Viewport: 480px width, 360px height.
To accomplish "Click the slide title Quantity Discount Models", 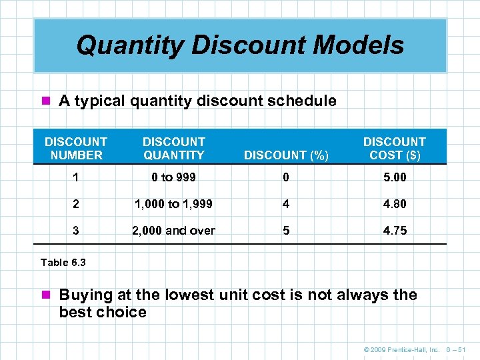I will click(240, 45).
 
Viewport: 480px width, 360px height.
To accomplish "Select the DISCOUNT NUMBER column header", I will click(75, 148).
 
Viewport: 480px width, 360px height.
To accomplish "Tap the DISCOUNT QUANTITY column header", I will click(174, 148).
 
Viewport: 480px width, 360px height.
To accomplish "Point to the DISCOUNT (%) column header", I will click(286, 155).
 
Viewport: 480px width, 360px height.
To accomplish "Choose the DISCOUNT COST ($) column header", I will click(394, 148).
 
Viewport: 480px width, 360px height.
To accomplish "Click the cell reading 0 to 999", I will click(174, 178).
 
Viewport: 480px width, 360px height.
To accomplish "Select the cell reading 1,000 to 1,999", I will click(174, 204).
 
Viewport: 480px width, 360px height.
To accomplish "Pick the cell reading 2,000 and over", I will click(174, 231).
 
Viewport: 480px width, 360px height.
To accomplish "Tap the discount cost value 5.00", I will click(394, 178).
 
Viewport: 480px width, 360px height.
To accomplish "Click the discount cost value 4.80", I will click(394, 204).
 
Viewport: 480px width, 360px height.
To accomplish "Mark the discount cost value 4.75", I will click(394, 231).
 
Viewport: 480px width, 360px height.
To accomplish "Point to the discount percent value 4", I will click(286, 204).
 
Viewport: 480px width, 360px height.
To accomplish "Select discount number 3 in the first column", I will click(75, 231).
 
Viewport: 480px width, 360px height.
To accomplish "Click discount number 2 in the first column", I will click(75, 204).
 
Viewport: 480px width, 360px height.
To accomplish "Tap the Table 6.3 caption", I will click(63, 262).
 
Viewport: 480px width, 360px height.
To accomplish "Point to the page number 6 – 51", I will click(457, 348).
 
